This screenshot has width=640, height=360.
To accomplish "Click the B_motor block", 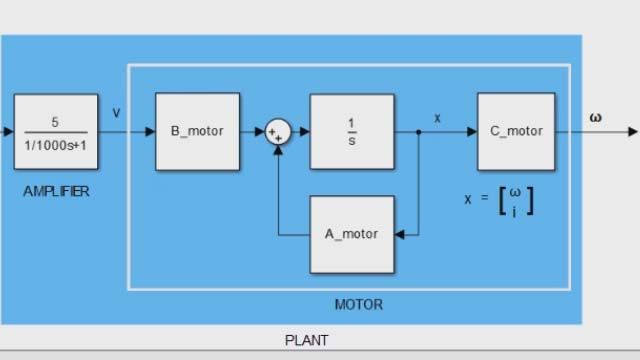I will click(197, 131).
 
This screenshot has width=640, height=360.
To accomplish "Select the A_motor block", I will click(351, 234).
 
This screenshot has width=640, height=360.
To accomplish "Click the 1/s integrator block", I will click(351, 131).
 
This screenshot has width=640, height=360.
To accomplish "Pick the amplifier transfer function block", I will click(56, 131).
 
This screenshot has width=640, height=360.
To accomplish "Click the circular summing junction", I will click(276, 132).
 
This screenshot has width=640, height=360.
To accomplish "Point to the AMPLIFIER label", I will click(56, 191).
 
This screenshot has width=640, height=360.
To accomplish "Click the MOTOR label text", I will click(358, 304).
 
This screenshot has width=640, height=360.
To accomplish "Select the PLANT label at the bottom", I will click(306, 340).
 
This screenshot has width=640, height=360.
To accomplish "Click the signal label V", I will click(117, 113).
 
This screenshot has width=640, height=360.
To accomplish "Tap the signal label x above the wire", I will click(437, 118).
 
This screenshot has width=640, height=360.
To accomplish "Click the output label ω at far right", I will click(596, 116).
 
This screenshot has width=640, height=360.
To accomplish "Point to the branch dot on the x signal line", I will click(418, 132).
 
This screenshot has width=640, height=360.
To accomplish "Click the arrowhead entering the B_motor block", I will click(150, 132).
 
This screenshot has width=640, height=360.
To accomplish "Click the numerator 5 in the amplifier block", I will click(55, 122).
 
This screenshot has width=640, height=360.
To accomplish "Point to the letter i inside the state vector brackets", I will click(514, 210).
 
